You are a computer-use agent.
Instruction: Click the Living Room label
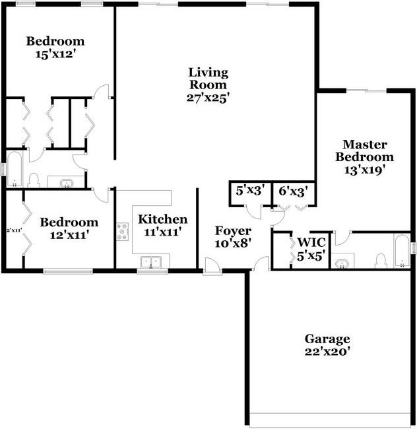click(208, 79)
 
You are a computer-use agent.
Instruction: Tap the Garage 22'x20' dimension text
click(327, 352)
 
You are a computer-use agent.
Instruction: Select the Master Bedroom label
click(364, 150)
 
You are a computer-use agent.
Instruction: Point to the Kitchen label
click(162, 219)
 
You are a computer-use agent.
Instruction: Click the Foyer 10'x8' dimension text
click(233, 242)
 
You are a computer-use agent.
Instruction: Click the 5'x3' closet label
click(250, 191)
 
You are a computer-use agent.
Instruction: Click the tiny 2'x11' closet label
click(15, 230)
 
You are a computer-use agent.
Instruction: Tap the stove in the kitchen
click(123, 232)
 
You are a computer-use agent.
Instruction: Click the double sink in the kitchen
click(150, 263)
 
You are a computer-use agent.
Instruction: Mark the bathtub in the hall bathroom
click(14, 170)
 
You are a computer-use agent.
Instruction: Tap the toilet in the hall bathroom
click(34, 181)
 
